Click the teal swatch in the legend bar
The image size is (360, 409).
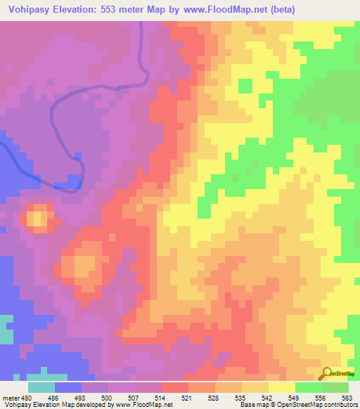coord(41,387)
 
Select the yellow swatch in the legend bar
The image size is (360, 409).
coord(281,387)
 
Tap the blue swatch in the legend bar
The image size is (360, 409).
coord(68,387)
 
